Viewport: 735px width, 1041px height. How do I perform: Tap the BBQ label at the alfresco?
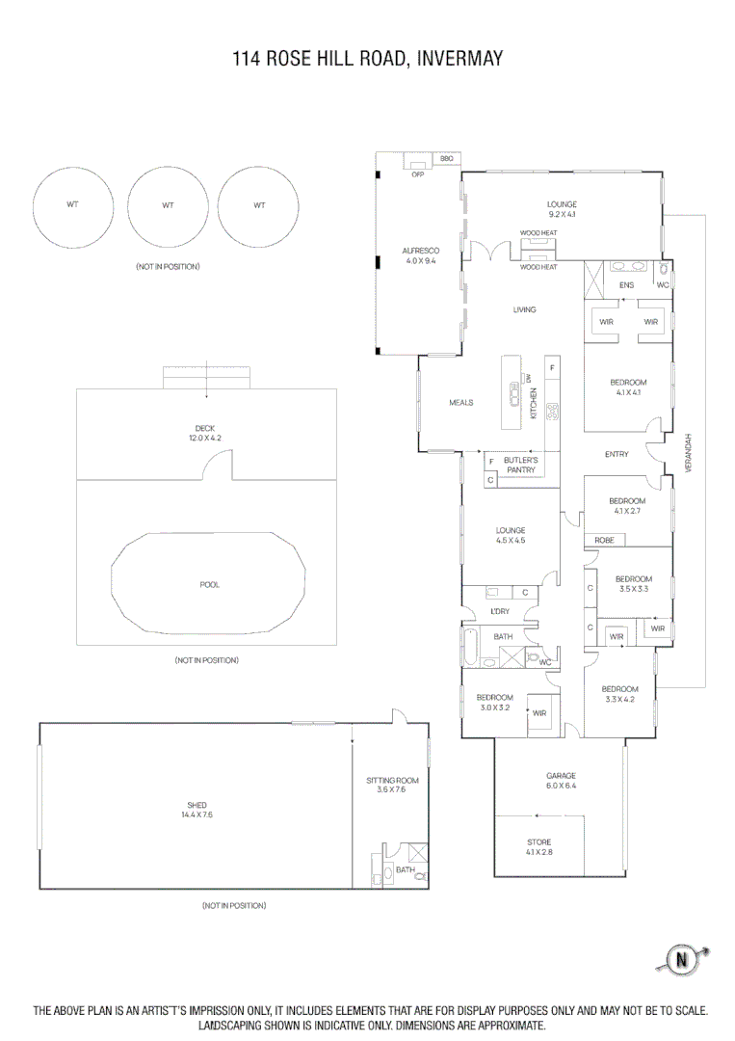pyautogui.click(x=447, y=158)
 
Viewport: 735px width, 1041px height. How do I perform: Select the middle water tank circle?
pyautogui.click(x=168, y=205)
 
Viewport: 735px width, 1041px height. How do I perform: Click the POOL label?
pyautogui.click(x=209, y=585)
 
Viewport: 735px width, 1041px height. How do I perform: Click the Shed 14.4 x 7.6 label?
pyautogui.click(x=197, y=810)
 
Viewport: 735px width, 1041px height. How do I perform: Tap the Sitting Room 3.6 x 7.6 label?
pyautogui.click(x=392, y=785)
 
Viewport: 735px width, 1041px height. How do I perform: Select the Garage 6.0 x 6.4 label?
pyautogui.click(x=561, y=780)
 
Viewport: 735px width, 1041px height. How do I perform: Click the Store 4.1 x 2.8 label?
pyautogui.click(x=538, y=847)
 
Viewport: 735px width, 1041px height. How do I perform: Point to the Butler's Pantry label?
pyautogui.click(x=520, y=466)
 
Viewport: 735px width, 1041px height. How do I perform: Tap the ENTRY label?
pyautogui.click(x=617, y=454)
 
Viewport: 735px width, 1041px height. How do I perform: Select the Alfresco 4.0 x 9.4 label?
pyautogui.click(x=420, y=255)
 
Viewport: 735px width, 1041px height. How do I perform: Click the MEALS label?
pyautogui.click(x=460, y=403)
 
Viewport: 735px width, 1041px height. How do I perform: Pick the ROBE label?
pyautogui.click(x=604, y=541)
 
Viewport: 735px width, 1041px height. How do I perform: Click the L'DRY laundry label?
pyautogui.click(x=500, y=612)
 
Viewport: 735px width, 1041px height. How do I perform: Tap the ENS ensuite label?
pyautogui.click(x=626, y=285)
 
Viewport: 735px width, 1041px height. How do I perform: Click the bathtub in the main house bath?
pyautogui.click(x=470, y=648)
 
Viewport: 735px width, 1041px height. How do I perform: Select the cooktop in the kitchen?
pyautogui.click(x=553, y=413)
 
